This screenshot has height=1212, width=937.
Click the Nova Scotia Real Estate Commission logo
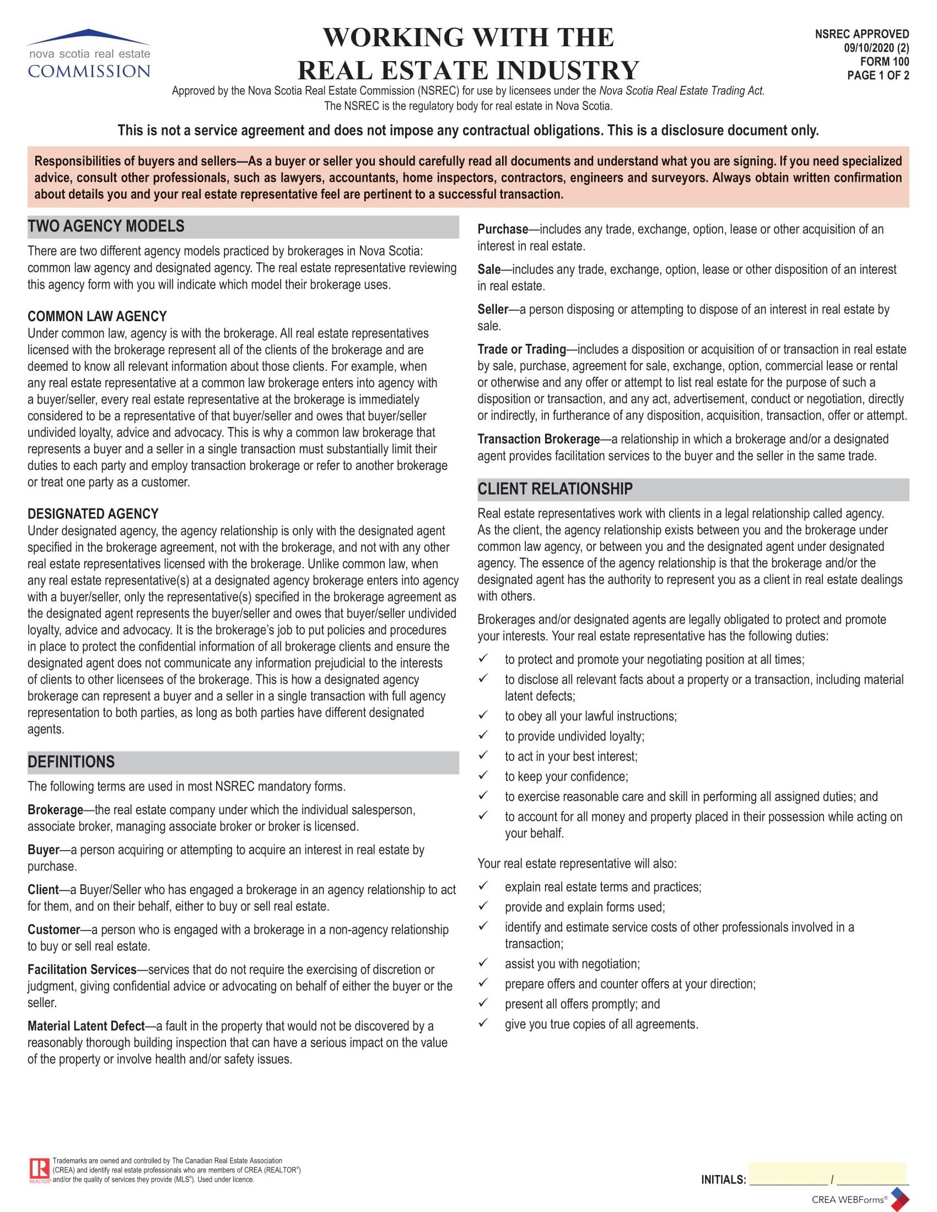click(89, 54)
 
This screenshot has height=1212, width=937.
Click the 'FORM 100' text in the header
click(884, 62)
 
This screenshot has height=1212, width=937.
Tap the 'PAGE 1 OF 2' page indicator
click(877, 75)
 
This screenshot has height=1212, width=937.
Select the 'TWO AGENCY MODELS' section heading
click(106, 226)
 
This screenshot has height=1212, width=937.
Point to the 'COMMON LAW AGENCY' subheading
click(97, 316)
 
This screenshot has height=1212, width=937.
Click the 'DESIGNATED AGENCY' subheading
click(93, 514)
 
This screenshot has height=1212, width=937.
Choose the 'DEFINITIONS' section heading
click(71, 762)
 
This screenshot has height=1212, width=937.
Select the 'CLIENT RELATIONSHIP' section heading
click(555, 489)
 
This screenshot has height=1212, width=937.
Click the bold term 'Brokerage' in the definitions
click(55, 810)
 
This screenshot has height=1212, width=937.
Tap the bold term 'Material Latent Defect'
click(86, 1026)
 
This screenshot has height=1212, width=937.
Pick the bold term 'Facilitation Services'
click(82, 970)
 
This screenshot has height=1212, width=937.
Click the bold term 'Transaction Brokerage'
click(538, 439)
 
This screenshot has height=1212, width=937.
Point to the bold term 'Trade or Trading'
click(521, 349)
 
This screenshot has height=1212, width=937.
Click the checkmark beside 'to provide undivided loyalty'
click(483, 735)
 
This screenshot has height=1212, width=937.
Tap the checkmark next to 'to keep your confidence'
click(483, 775)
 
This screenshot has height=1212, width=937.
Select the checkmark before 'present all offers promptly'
click(483, 1003)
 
